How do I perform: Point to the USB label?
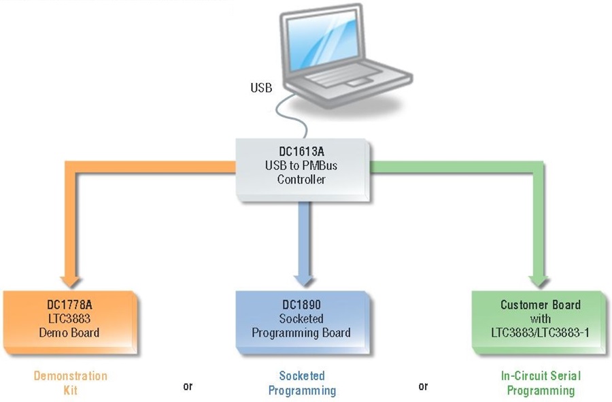point(261,88)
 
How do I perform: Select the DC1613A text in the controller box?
point(301,152)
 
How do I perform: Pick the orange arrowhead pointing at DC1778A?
point(70,282)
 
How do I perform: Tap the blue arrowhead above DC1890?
point(304,281)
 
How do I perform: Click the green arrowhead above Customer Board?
point(539,282)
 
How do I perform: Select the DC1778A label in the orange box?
point(69,305)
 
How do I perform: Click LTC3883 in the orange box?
point(69,318)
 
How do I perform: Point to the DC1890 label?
point(301,305)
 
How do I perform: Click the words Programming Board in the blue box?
point(301,333)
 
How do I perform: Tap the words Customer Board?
point(541,305)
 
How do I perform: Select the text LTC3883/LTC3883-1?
point(540,333)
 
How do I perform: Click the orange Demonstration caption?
point(70,376)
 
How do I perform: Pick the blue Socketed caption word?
point(302,375)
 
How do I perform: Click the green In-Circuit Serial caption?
point(541,375)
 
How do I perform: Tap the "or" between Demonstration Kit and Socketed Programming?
point(188,386)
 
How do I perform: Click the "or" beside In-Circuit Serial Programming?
point(423,386)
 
